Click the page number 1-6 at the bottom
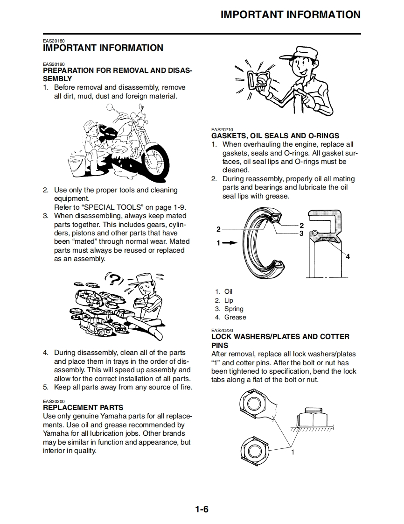point(202,509)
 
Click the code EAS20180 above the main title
point(54,41)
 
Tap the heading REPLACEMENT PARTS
point(83,408)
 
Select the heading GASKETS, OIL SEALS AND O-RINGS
point(275,136)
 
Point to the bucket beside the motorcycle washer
point(76,164)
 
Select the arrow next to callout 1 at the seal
point(230,243)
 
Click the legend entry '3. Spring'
point(229,309)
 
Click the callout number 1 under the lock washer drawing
point(293,452)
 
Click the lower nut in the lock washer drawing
point(254,451)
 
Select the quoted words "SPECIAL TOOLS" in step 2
point(106,207)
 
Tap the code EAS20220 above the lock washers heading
point(222,330)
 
